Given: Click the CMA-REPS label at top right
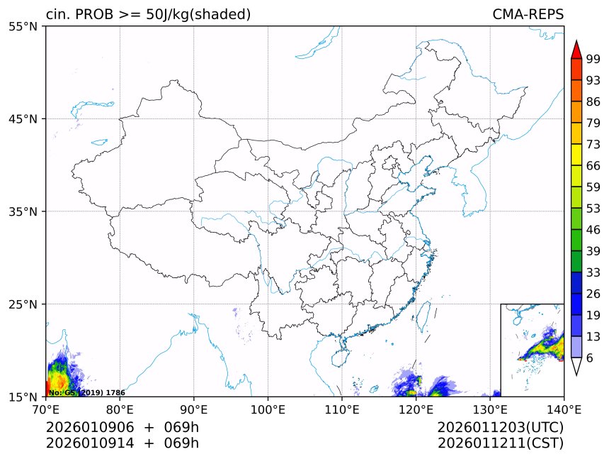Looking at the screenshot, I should pos(528,15).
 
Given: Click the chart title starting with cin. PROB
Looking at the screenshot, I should pos(148,15).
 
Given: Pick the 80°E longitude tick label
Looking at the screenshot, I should pos(120,409).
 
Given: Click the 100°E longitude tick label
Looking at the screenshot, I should pos(268,409).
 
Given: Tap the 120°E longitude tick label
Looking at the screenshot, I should pos(416,409).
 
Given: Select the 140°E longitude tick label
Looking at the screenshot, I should pos(564,409).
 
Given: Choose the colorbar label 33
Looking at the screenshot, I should pos(593,272).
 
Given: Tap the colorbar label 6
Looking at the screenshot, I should pos(590,358).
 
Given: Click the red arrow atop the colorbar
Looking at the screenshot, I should pos(576,50).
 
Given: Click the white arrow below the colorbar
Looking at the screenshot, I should pos(576,366).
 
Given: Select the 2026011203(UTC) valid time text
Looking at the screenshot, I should pos(500,427).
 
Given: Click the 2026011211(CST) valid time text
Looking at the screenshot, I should pos(500,443).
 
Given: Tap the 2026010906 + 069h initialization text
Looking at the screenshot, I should pos(123,427).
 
